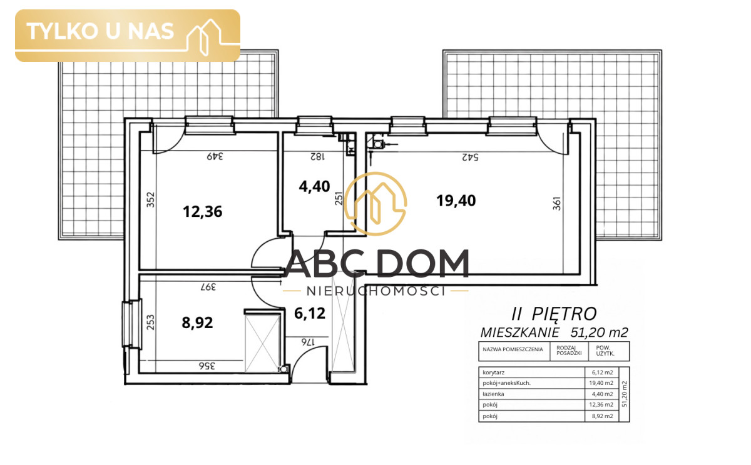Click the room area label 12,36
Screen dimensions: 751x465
click(203, 212)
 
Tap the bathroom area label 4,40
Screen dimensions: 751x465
click(314, 186)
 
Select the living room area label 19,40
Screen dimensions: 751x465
click(456, 201)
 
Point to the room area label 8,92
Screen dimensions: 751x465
click(197, 323)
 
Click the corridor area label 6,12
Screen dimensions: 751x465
click(310, 313)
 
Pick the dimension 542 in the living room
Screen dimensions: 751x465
click(470, 157)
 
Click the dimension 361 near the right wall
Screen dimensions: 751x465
click(556, 204)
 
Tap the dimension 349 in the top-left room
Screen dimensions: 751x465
click(215, 156)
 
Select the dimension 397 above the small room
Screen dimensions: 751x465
click(208, 287)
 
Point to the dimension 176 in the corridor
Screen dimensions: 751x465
click(308, 342)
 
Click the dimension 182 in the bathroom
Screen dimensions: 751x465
click(317, 156)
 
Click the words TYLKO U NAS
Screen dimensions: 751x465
click(100, 31)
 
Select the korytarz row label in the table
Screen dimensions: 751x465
click(494, 372)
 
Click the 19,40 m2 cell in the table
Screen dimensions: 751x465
click(601, 383)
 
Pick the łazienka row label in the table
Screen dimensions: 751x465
click(493, 394)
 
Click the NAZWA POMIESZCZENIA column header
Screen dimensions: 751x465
click(513, 349)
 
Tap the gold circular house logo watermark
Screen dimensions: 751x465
click(375, 204)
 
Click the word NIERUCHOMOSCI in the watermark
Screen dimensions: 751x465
click(376, 291)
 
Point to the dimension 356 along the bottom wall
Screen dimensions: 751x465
click(207, 366)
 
